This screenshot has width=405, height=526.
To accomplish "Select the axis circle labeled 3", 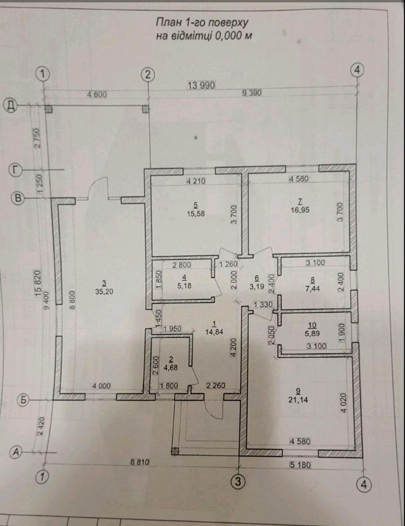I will click(x=237, y=481).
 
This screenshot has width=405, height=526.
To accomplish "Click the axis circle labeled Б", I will click(x=24, y=400).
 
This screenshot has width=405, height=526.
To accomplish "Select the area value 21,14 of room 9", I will click(x=298, y=398).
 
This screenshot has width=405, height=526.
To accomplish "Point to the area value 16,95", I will click(x=300, y=210).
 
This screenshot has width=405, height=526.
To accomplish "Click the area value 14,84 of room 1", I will click(x=214, y=332).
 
